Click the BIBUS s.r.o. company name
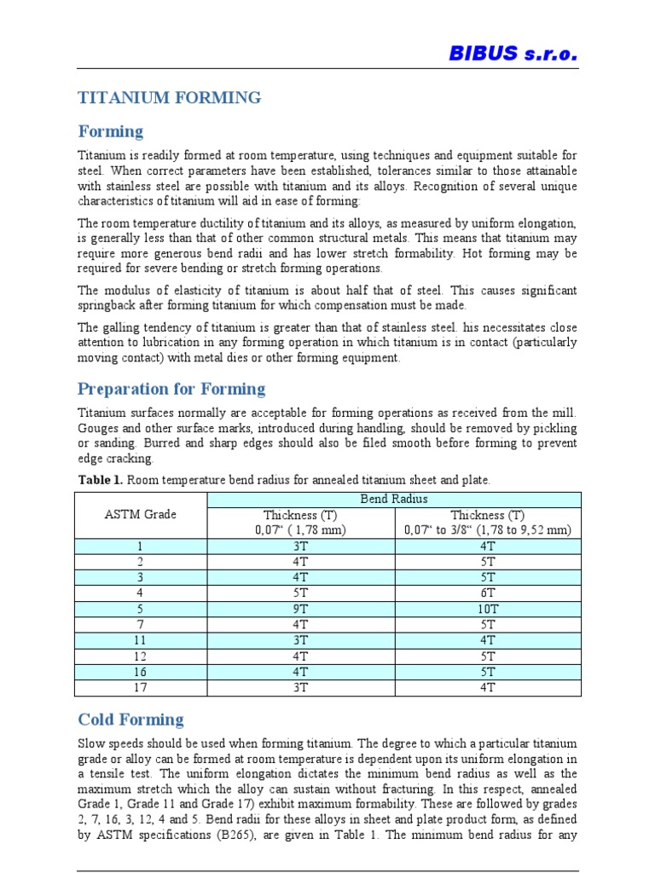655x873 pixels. pyautogui.click(x=513, y=54)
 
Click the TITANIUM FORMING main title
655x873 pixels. pyautogui.click(x=170, y=98)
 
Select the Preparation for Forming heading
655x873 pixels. pyautogui.click(x=171, y=390)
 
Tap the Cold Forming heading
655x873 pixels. pyautogui.click(x=130, y=720)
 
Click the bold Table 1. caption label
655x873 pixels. pyautogui.click(x=101, y=481)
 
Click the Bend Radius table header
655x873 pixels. pyautogui.click(x=395, y=498)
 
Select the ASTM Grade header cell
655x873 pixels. pyautogui.click(x=141, y=514)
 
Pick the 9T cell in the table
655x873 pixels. pyautogui.click(x=301, y=609)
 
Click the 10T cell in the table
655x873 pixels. pyautogui.click(x=488, y=609)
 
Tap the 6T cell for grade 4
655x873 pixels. pyautogui.click(x=488, y=593)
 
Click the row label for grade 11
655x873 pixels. pyautogui.click(x=141, y=640)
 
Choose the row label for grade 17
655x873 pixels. pyautogui.click(x=141, y=687)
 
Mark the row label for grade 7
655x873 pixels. pyautogui.click(x=141, y=624)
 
